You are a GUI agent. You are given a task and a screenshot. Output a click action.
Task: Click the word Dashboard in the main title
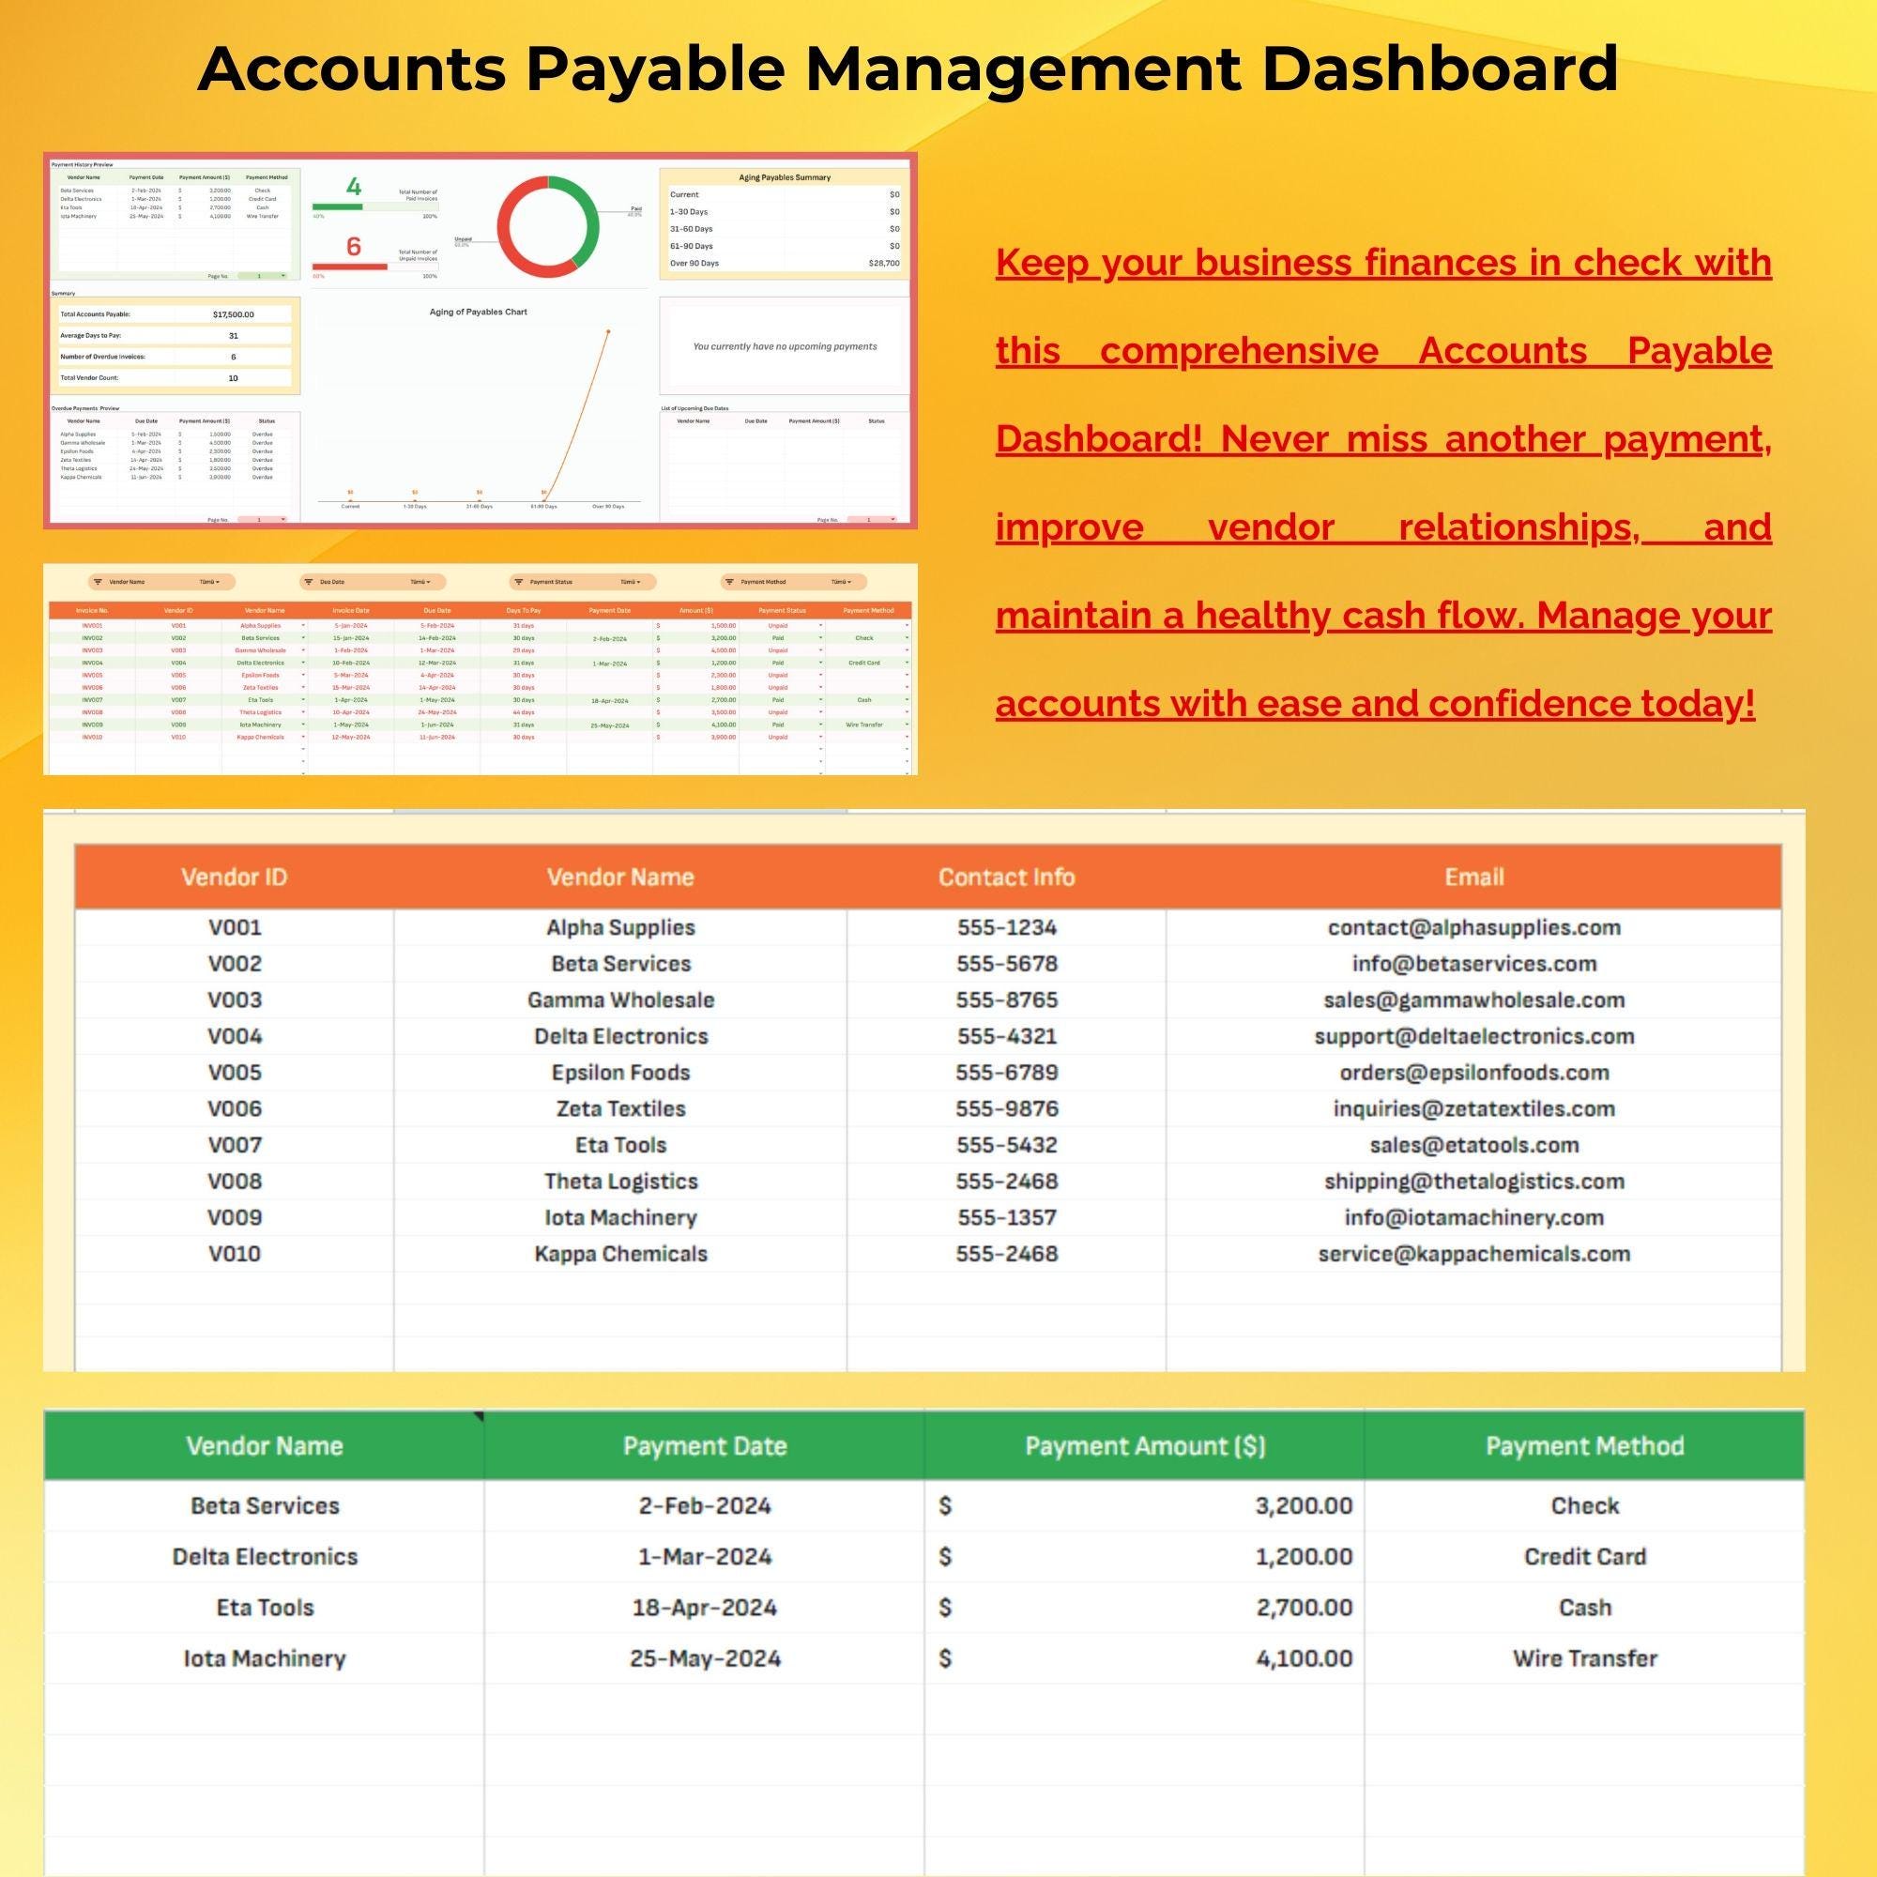[1440, 70]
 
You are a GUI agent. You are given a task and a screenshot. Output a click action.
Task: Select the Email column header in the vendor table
[1473, 877]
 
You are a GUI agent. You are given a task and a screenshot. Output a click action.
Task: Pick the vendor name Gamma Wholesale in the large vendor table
[619, 1000]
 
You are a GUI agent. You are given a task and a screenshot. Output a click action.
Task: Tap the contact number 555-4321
[1005, 1036]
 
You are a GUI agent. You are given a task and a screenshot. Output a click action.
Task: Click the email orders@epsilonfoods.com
[1473, 1073]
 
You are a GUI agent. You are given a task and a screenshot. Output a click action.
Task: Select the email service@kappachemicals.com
[1473, 1253]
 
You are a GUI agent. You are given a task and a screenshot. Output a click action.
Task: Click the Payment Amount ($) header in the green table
[1144, 1445]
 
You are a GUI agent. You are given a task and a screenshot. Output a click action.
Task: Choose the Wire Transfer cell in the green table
[1583, 1657]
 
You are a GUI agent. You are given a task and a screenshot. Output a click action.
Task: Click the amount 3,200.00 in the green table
[1303, 1506]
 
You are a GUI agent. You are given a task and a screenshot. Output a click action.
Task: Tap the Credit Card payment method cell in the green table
[1583, 1556]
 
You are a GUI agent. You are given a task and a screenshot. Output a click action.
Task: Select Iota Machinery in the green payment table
[265, 1657]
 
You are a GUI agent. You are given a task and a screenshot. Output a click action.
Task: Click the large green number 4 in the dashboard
[354, 188]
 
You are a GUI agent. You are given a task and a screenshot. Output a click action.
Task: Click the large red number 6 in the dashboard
[354, 247]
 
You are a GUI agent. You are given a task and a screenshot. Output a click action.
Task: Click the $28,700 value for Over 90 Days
[883, 264]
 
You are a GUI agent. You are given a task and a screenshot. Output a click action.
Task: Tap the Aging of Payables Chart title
[478, 312]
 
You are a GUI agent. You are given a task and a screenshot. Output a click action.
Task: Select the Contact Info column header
[1005, 877]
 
